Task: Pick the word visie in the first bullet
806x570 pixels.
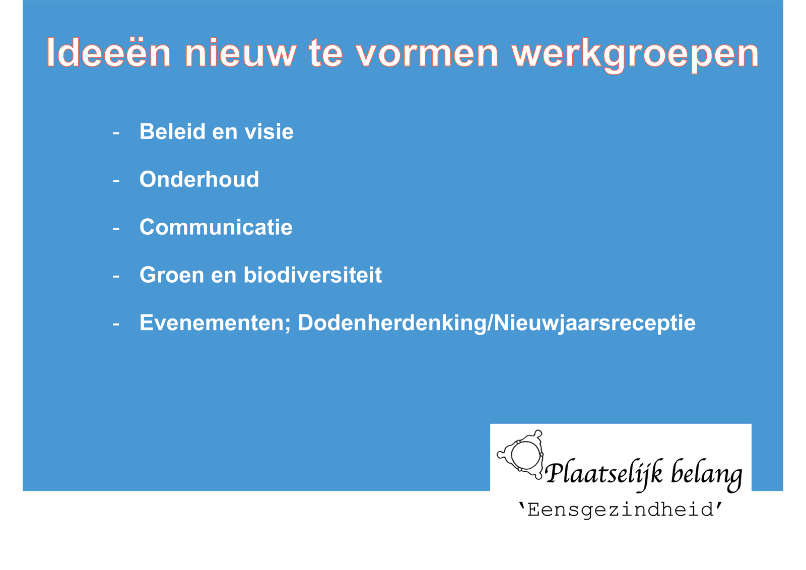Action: coord(269,131)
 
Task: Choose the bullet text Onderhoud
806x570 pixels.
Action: coord(199,179)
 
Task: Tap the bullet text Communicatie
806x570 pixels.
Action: coord(216,227)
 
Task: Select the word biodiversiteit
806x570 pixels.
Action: coord(313,275)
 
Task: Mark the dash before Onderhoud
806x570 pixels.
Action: coord(116,180)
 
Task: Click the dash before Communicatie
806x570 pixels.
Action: coord(116,228)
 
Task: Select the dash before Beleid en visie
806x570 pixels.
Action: coord(116,133)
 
